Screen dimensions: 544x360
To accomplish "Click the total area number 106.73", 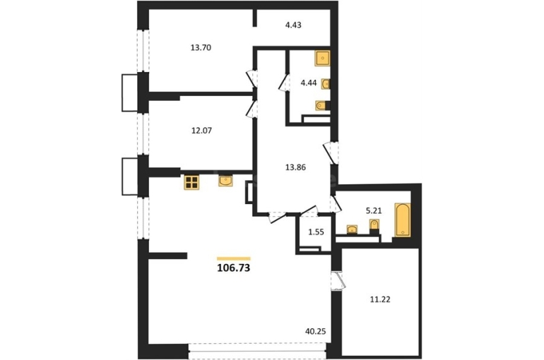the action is [x=233, y=268].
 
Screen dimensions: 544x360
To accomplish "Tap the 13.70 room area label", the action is [x=201, y=48].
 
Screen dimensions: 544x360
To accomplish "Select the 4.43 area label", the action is [x=293, y=25].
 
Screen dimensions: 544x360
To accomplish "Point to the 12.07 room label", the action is [x=201, y=131].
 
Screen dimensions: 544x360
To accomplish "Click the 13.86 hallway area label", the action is [x=295, y=167].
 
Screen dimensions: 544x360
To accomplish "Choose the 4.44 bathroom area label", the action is [x=309, y=83].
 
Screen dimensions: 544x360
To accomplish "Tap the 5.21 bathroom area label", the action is [x=374, y=210].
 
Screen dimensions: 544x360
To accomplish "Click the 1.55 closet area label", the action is [x=316, y=232].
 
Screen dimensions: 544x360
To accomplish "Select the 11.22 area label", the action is [x=380, y=299].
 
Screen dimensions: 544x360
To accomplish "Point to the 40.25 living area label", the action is [x=315, y=332].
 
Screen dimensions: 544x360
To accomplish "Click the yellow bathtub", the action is [x=403, y=220].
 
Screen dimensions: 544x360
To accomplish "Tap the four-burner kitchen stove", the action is [x=191, y=182].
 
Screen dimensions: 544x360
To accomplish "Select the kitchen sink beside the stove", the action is [x=225, y=181].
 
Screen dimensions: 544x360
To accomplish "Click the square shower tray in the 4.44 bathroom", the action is [x=322, y=58].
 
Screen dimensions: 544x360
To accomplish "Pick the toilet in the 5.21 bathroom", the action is [x=374, y=225].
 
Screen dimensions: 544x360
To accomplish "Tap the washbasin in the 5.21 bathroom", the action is [x=352, y=229].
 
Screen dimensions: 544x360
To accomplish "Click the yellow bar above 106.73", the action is [x=233, y=258].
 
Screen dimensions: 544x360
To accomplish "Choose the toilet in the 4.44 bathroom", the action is [x=322, y=105].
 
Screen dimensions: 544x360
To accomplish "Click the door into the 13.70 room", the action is [x=252, y=79].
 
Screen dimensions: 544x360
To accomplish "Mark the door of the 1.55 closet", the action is [x=309, y=210].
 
